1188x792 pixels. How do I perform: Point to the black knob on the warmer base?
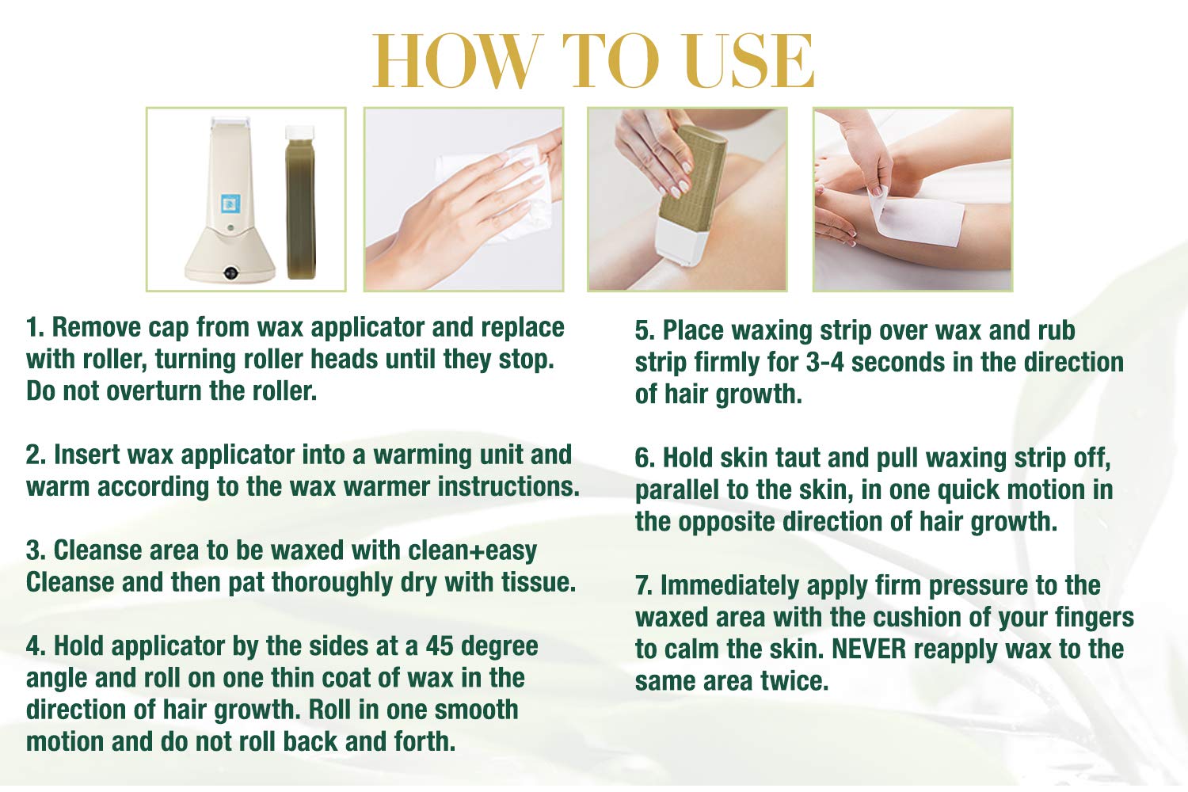[230, 272]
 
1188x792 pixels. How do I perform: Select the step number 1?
[35, 327]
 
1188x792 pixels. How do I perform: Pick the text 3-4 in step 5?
[824, 362]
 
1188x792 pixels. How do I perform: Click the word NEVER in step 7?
[869, 649]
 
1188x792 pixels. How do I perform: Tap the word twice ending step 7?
[794, 681]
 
